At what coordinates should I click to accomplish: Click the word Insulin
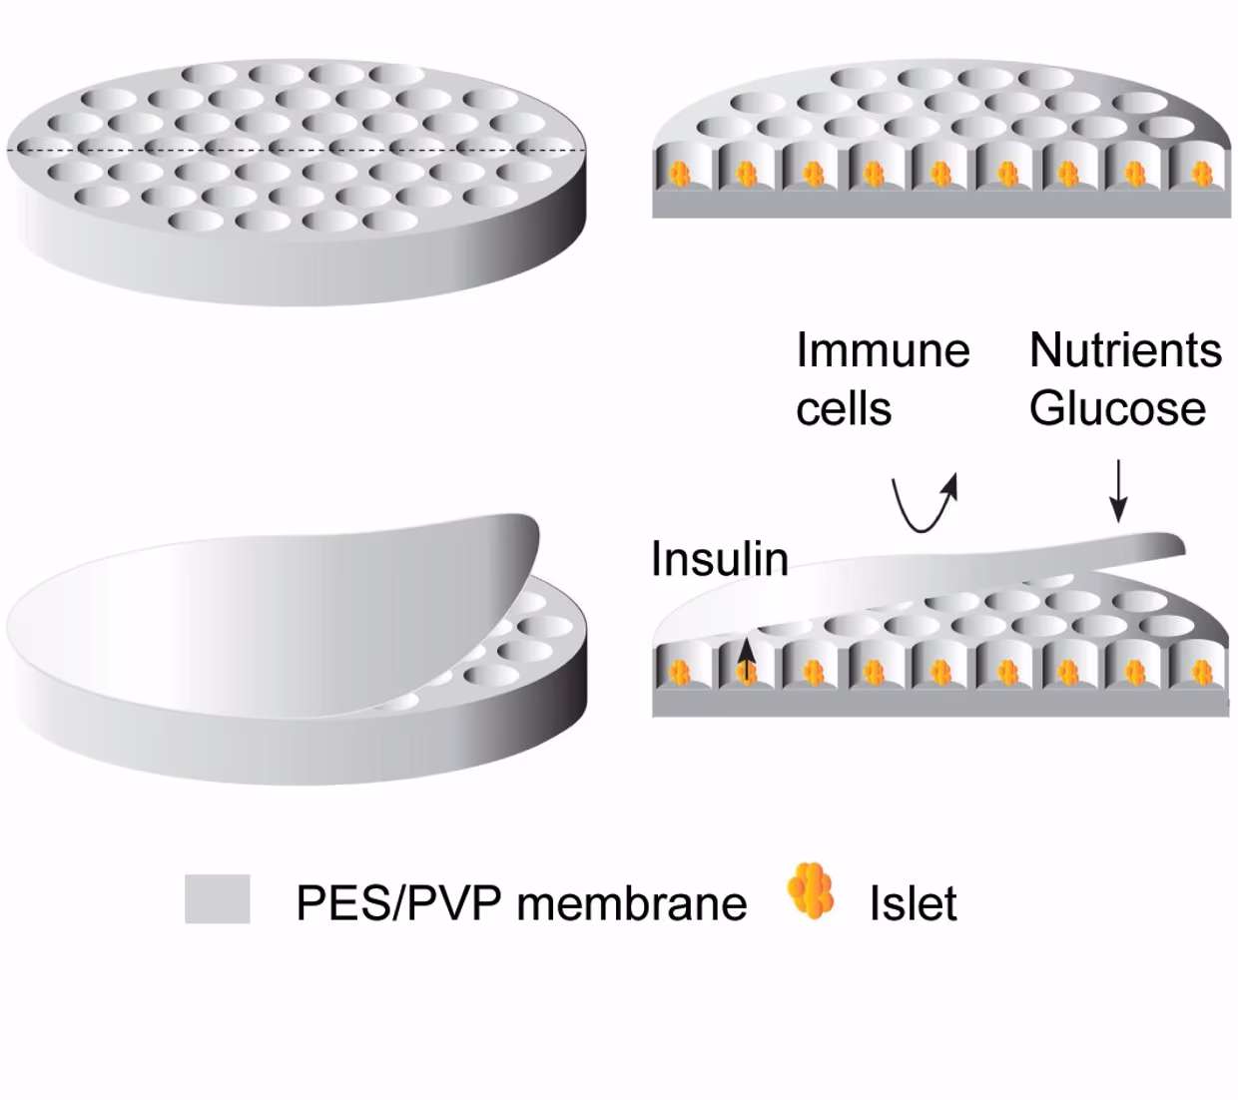[x=719, y=559]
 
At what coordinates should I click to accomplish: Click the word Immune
[x=883, y=350]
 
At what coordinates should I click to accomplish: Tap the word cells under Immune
[x=844, y=409]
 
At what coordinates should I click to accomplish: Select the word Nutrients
[x=1125, y=350]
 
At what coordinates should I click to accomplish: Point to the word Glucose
[x=1117, y=409]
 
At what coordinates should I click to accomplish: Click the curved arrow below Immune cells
[x=924, y=504]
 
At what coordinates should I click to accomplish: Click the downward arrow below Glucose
[x=1119, y=490]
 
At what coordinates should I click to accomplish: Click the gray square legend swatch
[x=217, y=898]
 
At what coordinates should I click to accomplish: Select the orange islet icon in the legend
[x=811, y=890]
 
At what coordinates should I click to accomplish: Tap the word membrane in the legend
[x=632, y=903]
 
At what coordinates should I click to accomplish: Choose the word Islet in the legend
[x=913, y=903]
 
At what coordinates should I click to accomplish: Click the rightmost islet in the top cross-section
[x=1201, y=175]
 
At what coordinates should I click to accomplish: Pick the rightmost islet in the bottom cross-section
[x=1201, y=674]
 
